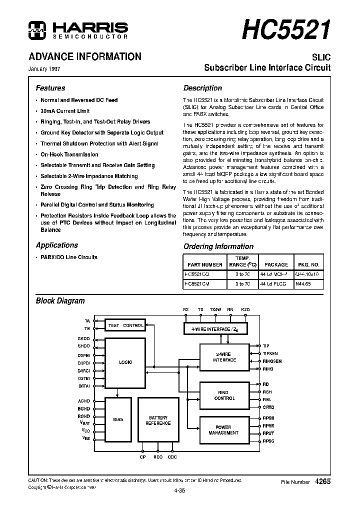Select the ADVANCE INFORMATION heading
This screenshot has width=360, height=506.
[85, 56]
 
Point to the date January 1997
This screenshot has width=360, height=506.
[48, 69]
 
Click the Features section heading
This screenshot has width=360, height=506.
[50, 88]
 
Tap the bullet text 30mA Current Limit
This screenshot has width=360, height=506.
[65, 111]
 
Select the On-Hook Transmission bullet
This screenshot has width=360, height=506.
[69, 154]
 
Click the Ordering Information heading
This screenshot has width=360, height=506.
[218, 246]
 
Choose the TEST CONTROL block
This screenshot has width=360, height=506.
[125, 325]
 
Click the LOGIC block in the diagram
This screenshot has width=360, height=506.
[125, 362]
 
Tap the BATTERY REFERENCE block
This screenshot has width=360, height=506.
[158, 420]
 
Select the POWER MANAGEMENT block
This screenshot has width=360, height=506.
[224, 430]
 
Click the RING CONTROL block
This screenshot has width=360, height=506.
[224, 395]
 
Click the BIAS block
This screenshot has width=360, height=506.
[118, 419]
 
